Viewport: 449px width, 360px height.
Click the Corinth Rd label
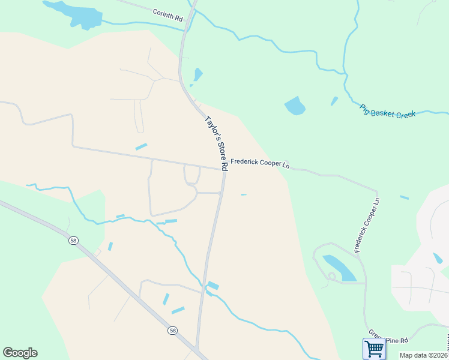[167, 15]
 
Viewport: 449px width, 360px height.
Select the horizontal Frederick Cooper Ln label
[260, 163]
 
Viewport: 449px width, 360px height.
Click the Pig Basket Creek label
[388, 111]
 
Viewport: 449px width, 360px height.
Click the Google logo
[20, 353]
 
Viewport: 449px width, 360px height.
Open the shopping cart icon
[374, 348]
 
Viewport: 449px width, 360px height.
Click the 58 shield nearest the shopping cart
[173, 331]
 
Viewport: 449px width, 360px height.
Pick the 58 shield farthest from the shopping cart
[73, 240]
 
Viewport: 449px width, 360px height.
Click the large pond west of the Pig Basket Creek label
[294, 106]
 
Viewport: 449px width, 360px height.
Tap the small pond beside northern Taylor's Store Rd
[197, 75]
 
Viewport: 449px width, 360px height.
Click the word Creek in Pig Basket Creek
[406, 113]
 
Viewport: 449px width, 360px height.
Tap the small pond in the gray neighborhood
[438, 258]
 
